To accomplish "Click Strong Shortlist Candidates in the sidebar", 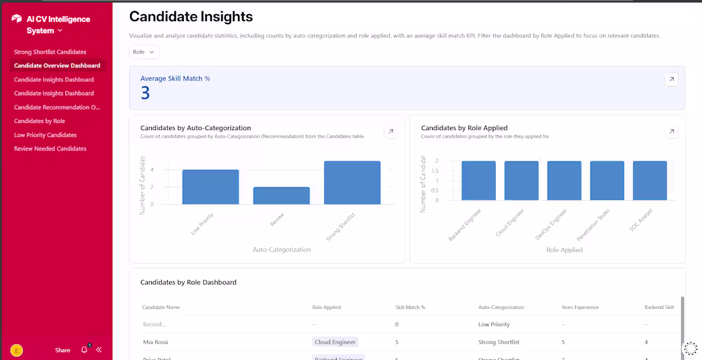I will click(50, 52).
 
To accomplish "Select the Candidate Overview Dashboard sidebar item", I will click(57, 66).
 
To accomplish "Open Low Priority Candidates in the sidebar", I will click(45, 135).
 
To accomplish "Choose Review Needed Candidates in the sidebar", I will click(50, 149).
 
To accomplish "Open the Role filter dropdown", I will click(144, 52).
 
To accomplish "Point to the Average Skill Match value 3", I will click(146, 94).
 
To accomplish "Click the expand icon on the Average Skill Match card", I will click(671, 80).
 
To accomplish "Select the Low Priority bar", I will click(211, 187).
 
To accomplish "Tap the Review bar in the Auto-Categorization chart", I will click(281, 195).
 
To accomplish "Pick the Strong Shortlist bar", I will click(352, 183).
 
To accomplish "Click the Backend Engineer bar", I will click(479, 181).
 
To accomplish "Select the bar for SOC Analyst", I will click(650, 181).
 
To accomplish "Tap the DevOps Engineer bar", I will click(564, 181).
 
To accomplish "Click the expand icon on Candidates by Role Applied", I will click(671, 132).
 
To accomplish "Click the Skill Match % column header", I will click(410, 307).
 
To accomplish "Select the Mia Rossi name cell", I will click(156, 342).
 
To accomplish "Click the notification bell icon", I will click(84, 350).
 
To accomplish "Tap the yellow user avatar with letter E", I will click(17, 350).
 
